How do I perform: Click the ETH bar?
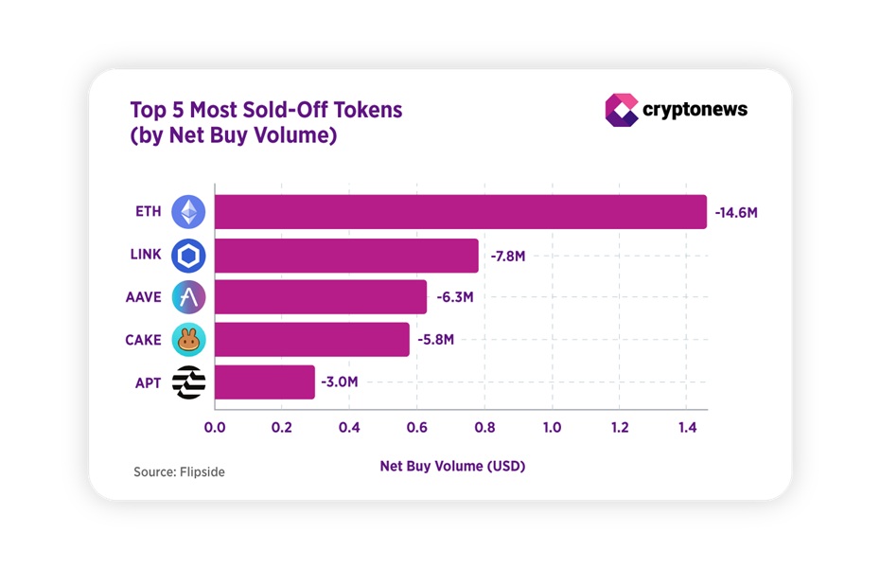(460, 212)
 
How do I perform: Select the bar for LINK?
(346, 256)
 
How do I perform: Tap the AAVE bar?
(321, 297)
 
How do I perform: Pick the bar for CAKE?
(312, 339)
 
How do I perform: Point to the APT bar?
(265, 382)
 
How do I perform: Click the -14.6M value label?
(736, 213)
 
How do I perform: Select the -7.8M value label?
(509, 256)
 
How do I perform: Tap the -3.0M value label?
(340, 382)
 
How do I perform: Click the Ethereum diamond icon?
(188, 212)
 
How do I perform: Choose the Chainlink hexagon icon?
(188, 256)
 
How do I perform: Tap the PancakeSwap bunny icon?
(188, 339)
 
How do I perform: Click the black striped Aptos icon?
(188, 382)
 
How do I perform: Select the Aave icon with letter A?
(188, 297)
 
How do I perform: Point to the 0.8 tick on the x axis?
(484, 427)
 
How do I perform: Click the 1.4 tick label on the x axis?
(687, 427)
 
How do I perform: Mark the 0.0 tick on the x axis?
(215, 427)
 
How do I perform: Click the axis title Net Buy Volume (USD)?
(452, 466)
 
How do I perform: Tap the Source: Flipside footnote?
(179, 471)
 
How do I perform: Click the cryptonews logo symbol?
(621, 110)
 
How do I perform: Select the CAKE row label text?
(143, 340)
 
